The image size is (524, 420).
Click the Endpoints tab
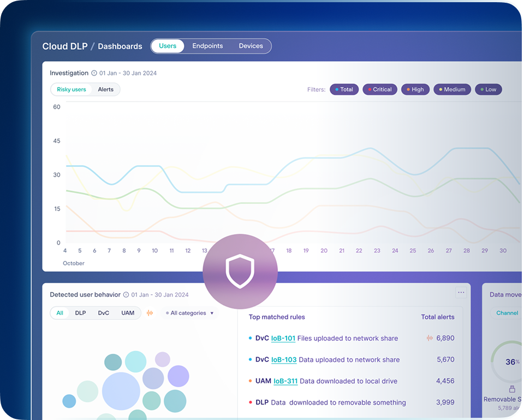click(x=207, y=46)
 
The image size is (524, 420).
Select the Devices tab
click(x=251, y=46)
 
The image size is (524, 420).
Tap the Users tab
click(x=168, y=46)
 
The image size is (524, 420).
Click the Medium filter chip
click(x=452, y=89)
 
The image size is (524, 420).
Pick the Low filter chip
click(x=488, y=89)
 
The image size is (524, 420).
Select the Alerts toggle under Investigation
click(x=106, y=89)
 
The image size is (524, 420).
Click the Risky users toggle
click(x=72, y=89)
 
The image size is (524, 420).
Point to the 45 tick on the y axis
click(x=57, y=141)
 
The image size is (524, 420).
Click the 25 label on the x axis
click(x=413, y=250)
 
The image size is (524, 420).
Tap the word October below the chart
click(x=74, y=263)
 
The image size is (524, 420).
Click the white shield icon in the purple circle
click(x=240, y=271)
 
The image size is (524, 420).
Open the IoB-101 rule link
click(x=283, y=338)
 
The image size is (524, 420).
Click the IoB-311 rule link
click(x=285, y=381)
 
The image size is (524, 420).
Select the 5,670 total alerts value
click(x=445, y=359)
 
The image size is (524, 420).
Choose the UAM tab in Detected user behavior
click(x=128, y=313)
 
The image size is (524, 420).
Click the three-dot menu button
click(x=461, y=293)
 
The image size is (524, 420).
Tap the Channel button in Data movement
click(x=507, y=313)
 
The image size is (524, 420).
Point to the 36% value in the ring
click(x=511, y=361)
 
